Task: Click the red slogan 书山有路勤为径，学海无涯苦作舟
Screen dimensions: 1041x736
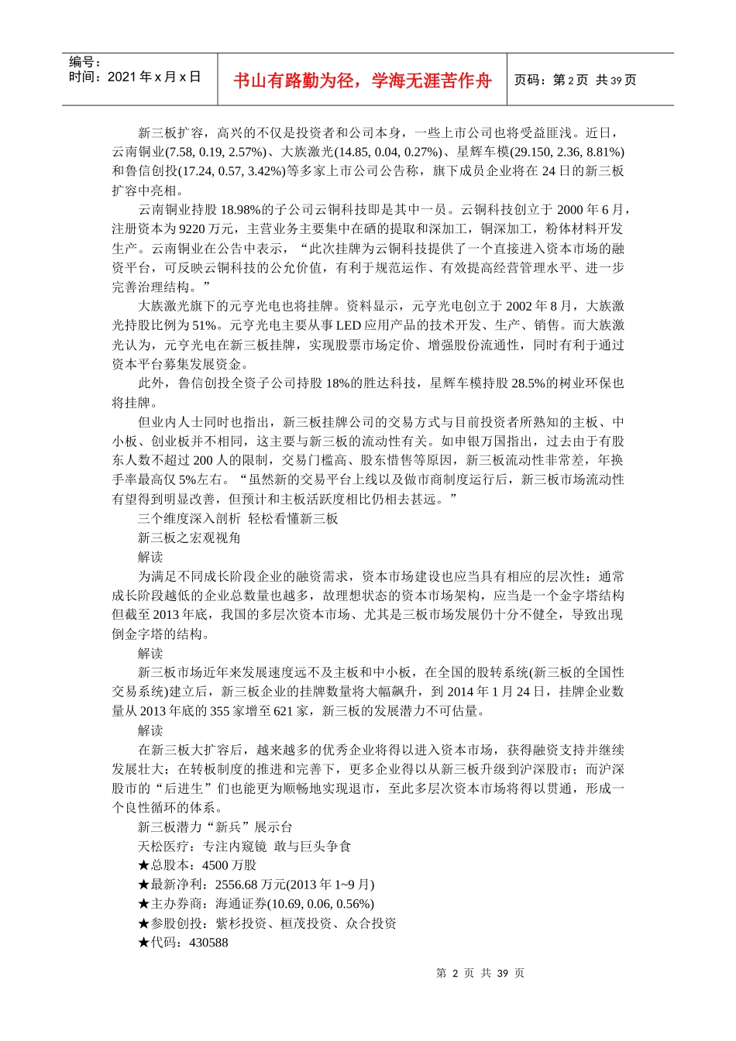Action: pos(362,81)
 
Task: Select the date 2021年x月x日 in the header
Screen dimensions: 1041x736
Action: pos(154,77)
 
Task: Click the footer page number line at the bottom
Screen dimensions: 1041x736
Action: pos(480,973)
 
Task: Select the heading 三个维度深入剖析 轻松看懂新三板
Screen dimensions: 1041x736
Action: pos(238,518)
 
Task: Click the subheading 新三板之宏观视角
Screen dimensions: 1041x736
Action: pos(189,538)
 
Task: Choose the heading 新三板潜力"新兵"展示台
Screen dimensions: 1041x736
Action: pos(215,826)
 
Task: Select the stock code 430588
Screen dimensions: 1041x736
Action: pos(208,943)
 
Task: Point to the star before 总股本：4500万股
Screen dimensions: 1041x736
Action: pos(143,865)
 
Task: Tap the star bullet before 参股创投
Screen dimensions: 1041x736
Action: pos(143,923)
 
